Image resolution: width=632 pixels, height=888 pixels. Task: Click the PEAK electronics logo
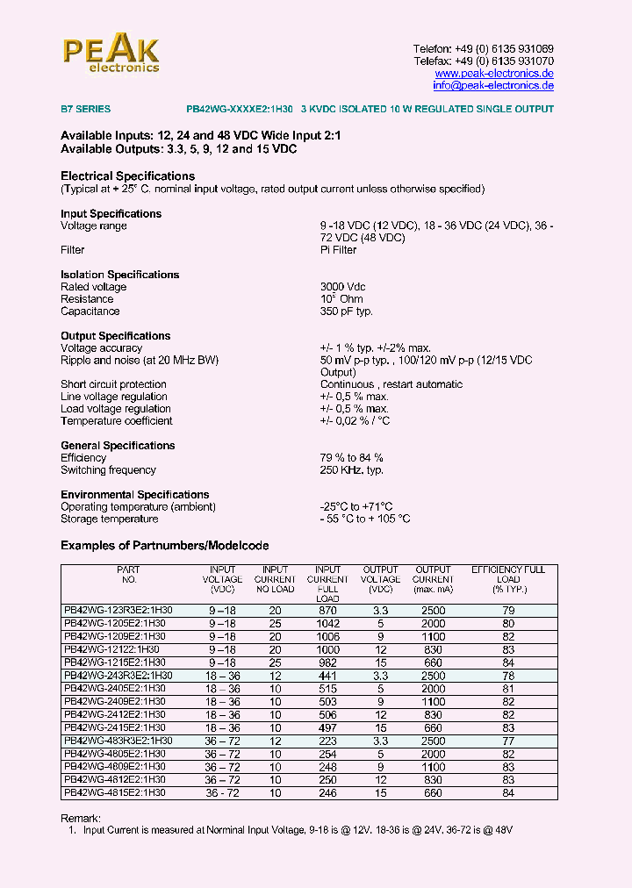(111, 54)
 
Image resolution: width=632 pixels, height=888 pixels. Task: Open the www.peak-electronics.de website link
(494, 74)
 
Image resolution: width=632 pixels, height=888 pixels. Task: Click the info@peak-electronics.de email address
(492, 86)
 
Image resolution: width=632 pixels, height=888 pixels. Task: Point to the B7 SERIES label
(85, 110)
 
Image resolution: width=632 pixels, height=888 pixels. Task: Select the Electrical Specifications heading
(127, 176)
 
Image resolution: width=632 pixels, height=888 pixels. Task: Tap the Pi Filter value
(338, 250)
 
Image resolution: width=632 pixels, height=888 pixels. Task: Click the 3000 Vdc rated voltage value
(343, 287)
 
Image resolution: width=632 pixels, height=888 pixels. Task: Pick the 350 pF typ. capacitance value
(347, 312)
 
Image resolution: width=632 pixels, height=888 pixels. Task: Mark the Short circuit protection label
(113, 384)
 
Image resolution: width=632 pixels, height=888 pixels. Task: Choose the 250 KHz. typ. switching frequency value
(352, 470)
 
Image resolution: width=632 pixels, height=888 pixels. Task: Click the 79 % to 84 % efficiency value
(351, 458)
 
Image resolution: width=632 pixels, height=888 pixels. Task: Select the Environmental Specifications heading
(134, 495)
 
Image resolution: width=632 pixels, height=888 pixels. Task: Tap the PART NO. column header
(128, 575)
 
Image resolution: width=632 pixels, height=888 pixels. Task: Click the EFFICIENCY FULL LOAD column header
(508, 579)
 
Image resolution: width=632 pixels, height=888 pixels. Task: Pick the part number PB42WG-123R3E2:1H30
(118, 611)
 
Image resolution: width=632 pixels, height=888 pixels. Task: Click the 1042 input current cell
(327, 623)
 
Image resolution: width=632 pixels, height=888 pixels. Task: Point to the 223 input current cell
(327, 741)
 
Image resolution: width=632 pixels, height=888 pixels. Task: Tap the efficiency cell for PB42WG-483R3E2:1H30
(508, 741)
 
